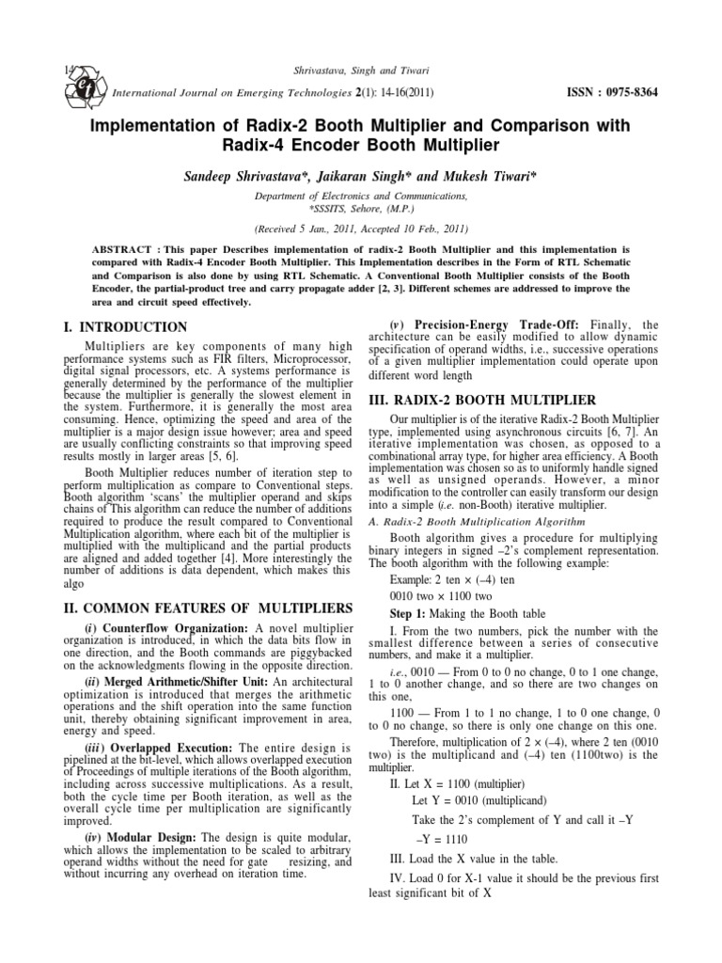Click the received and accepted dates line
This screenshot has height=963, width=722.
[x=361, y=229]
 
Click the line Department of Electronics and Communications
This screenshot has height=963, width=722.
[x=361, y=196]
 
